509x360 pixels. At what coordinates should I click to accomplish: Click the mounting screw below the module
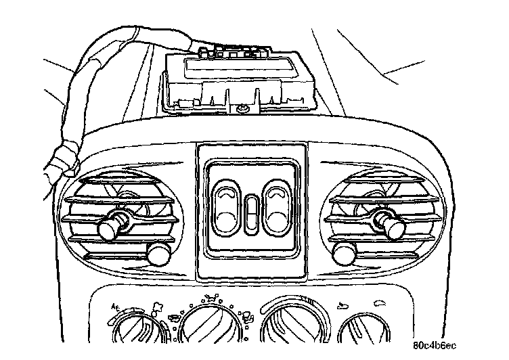[242, 108]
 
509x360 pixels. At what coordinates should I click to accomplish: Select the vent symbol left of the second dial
[175, 317]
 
